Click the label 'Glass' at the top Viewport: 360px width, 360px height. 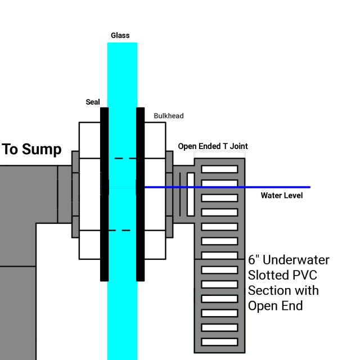tap(120, 35)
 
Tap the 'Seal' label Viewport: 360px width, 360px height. tap(93, 102)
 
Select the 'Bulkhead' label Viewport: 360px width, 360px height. tap(169, 116)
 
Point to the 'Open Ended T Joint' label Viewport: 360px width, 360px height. tap(213, 146)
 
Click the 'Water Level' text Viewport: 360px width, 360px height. tap(281, 196)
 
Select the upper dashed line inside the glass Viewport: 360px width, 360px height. tap(125, 159)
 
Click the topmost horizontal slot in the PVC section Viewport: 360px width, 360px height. tap(219, 169)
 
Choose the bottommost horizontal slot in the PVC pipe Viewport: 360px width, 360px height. tap(219, 341)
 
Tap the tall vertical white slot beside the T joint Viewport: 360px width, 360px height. tap(191, 194)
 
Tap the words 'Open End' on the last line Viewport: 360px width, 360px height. tap(275, 306)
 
